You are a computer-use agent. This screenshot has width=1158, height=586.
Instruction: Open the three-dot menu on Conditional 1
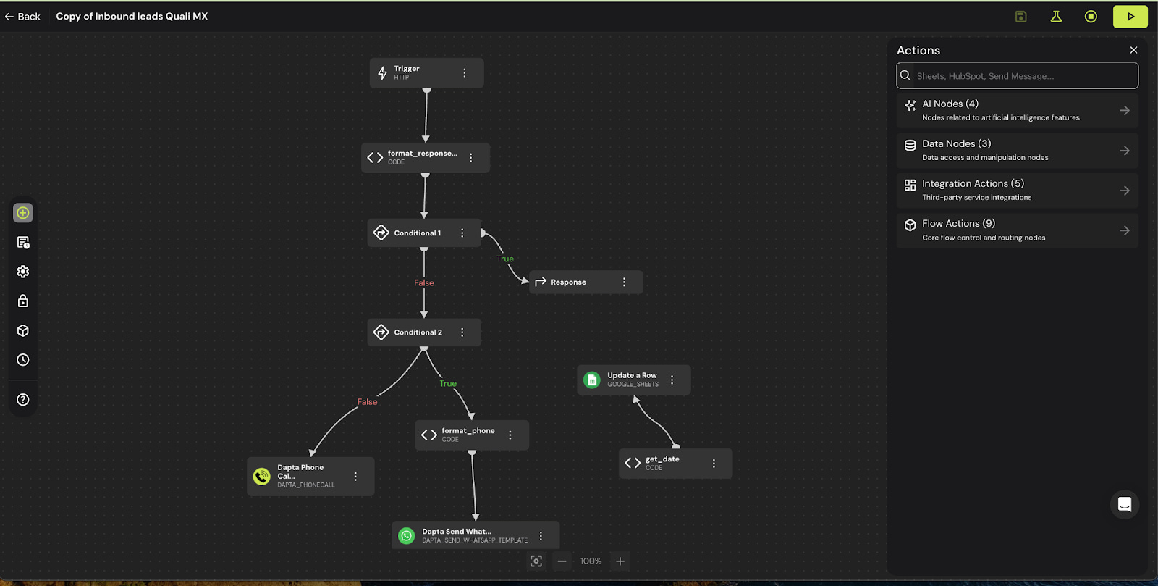[462, 233]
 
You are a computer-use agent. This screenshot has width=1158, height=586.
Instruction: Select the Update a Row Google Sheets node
[627, 380]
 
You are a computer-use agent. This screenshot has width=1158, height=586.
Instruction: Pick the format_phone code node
[467, 435]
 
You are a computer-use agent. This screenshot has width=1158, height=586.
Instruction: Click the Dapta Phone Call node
[304, 477]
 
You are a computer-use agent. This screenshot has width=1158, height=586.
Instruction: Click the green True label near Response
[505, 259]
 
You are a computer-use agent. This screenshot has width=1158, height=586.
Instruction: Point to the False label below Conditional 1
[424, 283]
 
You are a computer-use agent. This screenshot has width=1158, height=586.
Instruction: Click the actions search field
[1020, 76]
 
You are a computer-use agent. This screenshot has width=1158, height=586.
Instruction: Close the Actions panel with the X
[1133, 50]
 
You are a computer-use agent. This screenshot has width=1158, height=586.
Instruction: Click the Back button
[22, 17]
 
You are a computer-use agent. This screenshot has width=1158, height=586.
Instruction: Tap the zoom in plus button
[620, 561]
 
